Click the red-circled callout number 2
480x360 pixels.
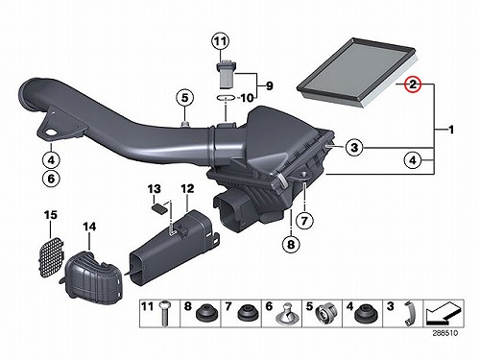(x=413, y=84)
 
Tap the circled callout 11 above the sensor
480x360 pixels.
(x=220, y=41)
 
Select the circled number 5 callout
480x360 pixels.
(x=185, y=97)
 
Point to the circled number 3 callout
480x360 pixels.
(x=354, y=148)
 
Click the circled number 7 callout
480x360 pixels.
(x=304, y=220)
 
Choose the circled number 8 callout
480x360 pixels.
(x=291, y=245)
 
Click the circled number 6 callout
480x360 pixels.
(x=51, y=179)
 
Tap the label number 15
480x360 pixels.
(x=51, y=215)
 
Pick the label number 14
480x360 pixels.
(x=89, y=227)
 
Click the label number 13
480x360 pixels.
(x=154, y=189)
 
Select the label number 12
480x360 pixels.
(x=187, y=188)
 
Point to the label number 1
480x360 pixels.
(x=451, y=130)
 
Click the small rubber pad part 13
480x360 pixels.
(x=159, y=209)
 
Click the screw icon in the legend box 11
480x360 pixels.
(x=165, y=313)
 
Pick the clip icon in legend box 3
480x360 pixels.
(x=409, y=314)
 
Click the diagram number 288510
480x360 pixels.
(x=445, y=333)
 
